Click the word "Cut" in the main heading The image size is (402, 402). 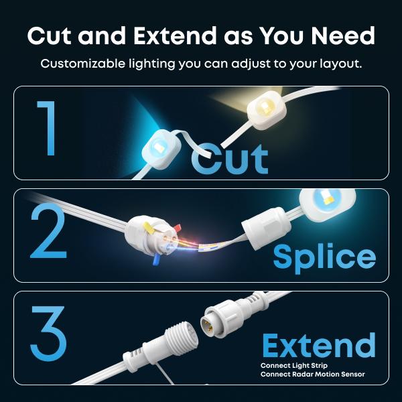tap(49, 36)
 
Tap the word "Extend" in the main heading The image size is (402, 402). tap(175, 36)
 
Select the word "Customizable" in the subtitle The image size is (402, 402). tap(83, 64)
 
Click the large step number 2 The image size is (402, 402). tap(49, 231)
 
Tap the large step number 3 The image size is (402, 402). tap(48, 334)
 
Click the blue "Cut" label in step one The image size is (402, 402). tap(230, 159)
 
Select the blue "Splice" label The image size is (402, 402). tap(324, 258)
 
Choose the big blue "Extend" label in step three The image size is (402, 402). tap(319, 345)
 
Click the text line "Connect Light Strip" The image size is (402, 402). tap(294, 365)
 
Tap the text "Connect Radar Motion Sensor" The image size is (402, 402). tap(312, 375)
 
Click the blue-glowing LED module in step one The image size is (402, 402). tap(161, 149)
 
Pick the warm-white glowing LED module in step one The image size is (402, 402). tap(267, 109)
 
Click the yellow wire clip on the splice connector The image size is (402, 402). tap(149, 226)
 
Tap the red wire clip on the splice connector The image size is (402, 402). tap(177, 227)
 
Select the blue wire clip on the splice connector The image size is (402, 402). tap(156, 259)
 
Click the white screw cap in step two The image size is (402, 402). tap(267, 228)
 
